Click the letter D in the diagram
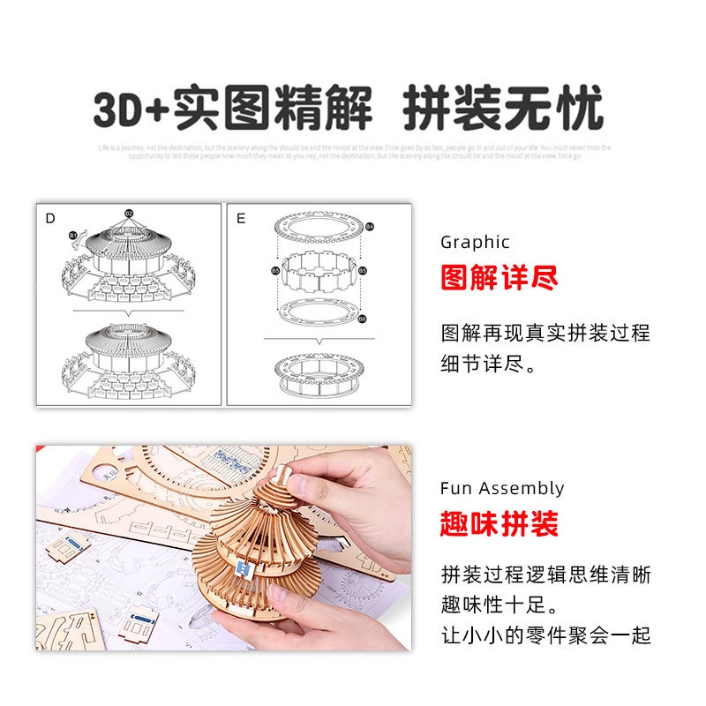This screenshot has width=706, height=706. (x=50, y=218)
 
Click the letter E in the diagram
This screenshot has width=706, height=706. (x=241, y=218)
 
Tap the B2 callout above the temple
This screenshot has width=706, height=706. (x=129, y=214)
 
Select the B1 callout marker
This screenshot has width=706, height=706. (x=72, y=236)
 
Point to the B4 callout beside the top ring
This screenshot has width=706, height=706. (x=370, y=228)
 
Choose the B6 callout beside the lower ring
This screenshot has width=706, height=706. (x=363, y=318)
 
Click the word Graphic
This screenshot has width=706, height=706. (x=475, y=242)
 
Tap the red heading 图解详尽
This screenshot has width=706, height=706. (x=499, y=279)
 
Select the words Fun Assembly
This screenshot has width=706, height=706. (x=502, y=488)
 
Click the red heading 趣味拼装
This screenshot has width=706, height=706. (x=499, y=525)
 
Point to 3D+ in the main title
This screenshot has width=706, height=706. (x=131, y=110)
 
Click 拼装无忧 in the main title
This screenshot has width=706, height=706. (x=503, y=110)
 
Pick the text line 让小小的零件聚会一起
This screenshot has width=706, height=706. (x=546, y=635)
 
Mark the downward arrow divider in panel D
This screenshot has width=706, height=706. (x=129, y=312)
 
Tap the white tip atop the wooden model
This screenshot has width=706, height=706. (x=282, y=475)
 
